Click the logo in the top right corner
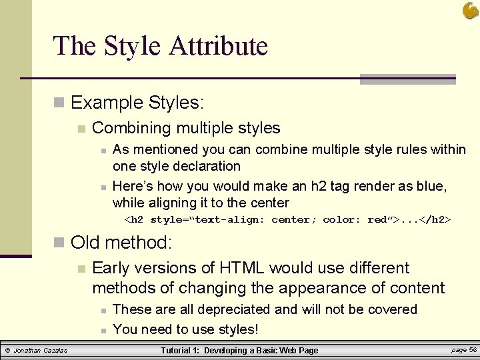[470, 10]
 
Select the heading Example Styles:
[137, 103]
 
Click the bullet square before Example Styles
[59, 103]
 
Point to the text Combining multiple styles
[186, 128]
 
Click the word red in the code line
[377, 220]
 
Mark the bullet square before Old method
[59, 242]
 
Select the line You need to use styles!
[185, 329]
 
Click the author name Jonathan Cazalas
[41, 351]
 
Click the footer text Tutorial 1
[181, 351]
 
